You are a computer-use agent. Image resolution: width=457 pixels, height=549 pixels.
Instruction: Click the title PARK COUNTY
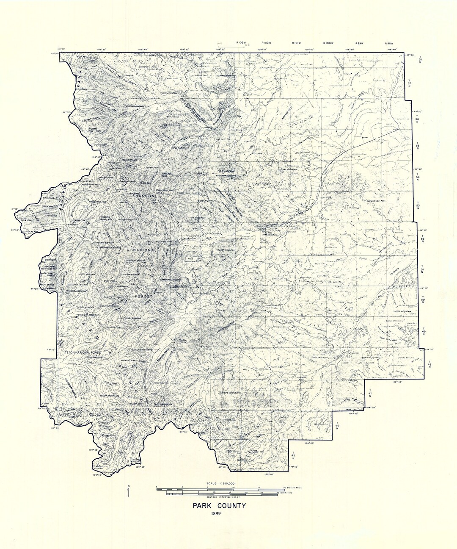click(x=219, y=505)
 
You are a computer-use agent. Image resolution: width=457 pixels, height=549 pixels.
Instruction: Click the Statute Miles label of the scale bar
click(x=292, y=488)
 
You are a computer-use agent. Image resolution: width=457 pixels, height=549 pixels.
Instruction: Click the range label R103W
click(x=242, y=43)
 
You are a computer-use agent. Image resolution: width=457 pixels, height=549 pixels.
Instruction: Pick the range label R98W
click(x=389, y=43)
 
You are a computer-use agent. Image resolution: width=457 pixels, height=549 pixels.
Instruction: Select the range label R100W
click(x=328, y=43)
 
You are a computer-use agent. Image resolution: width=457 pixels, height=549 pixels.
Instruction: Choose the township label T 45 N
click(x=293, y=456)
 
